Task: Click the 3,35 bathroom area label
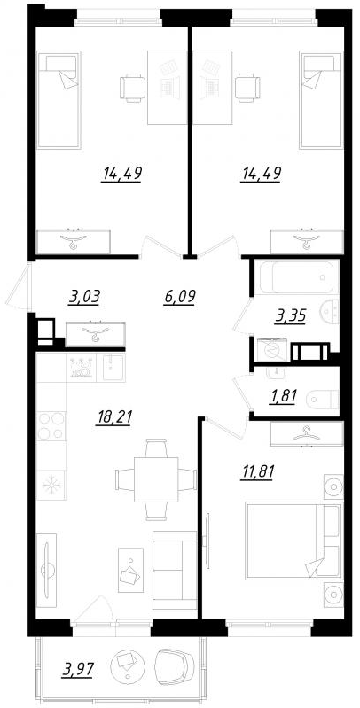coord(288,315)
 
